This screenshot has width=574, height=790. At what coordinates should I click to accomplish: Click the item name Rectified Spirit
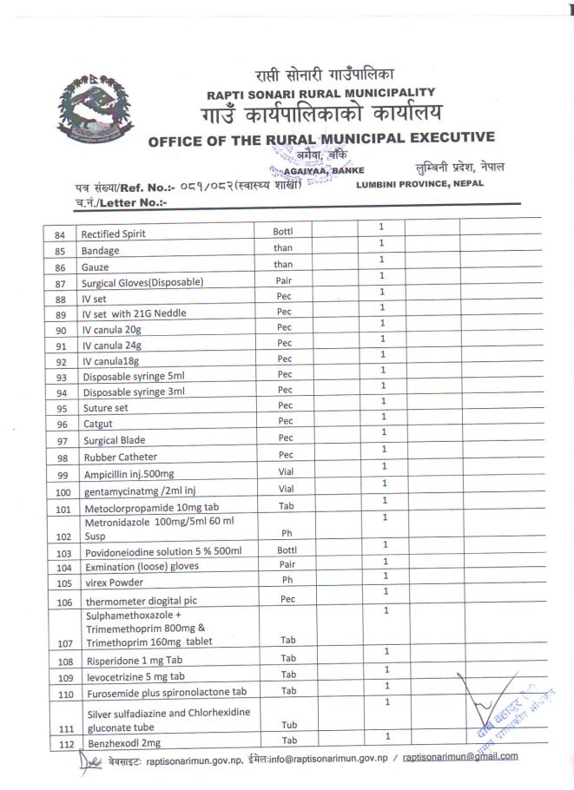[x=113, y=234]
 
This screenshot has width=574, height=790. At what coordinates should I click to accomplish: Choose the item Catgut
[x=98, y=425]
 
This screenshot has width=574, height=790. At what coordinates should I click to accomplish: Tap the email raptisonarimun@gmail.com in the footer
[x=460, y=756]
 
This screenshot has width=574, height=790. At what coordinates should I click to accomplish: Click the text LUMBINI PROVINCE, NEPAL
[x=419, y=184]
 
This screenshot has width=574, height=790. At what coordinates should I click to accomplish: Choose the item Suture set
[x=104, y=408]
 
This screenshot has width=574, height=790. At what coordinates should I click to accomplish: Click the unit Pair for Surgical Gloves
[x=284, y=281]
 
